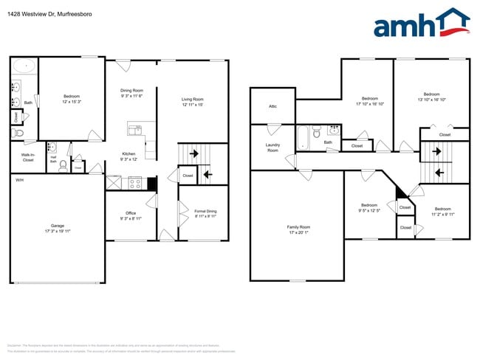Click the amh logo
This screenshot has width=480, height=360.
(421, 24)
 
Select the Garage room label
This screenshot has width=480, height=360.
(56, 228)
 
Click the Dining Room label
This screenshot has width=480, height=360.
(132, 90)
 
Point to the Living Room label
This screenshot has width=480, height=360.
(192, 100)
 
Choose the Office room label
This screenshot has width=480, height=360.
(130, 213)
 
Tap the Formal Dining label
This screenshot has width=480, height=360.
(205, 211)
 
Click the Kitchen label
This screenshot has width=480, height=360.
(128, 154)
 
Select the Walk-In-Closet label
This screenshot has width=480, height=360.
(28, 157)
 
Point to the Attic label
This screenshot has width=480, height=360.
(272, 106)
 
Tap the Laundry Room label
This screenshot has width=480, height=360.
(272, 148)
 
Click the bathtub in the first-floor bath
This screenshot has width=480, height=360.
(25, 66)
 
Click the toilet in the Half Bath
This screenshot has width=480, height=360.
(64, 165)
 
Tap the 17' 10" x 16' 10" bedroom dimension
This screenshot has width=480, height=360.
(370, 104)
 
